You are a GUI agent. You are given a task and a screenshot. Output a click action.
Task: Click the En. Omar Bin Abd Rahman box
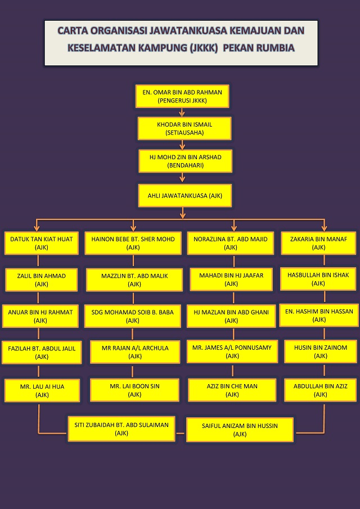182,96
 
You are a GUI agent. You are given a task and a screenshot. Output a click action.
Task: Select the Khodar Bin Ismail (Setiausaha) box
184,128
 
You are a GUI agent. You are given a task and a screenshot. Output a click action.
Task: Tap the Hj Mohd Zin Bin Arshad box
185,161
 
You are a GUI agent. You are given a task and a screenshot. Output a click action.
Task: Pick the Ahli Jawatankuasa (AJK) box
185,196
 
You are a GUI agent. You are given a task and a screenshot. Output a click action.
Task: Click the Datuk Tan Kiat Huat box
42,243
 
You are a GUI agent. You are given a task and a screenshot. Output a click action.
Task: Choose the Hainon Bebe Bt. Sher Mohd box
133,243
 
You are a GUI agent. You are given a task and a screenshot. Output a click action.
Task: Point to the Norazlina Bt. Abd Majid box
231,243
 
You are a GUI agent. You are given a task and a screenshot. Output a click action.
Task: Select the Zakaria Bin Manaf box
319,243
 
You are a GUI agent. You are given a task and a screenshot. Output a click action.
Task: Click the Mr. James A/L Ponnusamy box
232,352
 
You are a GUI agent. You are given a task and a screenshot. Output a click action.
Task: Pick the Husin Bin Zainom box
321,352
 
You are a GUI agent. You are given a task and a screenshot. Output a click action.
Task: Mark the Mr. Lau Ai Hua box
42,390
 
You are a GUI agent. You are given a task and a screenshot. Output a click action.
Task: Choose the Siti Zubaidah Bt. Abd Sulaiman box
121,429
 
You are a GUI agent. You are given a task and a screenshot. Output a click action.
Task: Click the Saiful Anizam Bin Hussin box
240,430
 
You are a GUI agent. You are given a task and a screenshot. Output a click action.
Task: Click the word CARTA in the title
74,30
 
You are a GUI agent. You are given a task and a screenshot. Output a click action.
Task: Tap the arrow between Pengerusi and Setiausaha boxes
182,112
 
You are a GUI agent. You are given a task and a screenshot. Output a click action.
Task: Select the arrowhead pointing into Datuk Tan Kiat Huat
37,228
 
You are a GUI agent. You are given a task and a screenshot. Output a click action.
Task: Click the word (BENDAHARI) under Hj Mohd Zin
185,165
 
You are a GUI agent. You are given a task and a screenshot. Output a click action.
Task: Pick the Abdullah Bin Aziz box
321,390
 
